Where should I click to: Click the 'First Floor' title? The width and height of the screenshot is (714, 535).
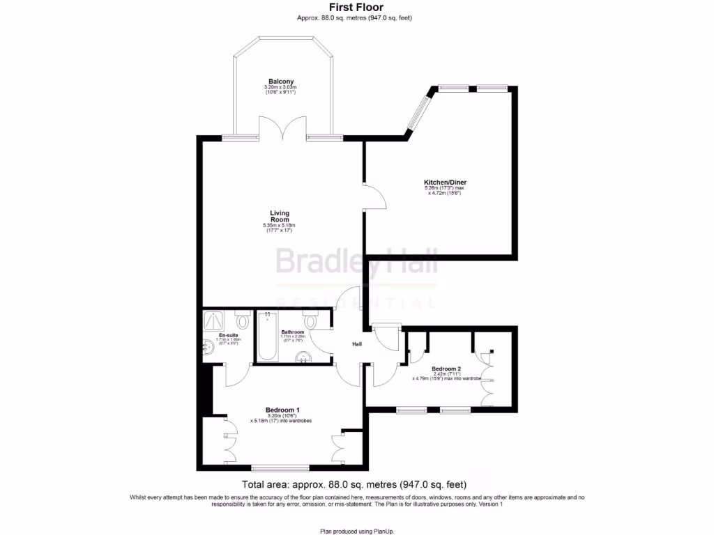pos(356,7)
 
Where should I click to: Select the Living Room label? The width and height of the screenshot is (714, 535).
pos(280,216)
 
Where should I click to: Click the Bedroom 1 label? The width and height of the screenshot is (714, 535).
pos(282,410)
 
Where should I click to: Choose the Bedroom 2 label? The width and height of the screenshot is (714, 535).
pos(446,369)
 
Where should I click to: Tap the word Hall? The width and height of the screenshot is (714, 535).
pos(356,344)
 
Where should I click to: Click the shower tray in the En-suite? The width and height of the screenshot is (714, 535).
pos(213,320)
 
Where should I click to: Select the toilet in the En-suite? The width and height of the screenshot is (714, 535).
pos(242,321)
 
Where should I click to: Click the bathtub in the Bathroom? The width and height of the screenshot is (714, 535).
pos(266,337)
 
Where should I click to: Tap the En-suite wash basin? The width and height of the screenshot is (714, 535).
pos(208,347)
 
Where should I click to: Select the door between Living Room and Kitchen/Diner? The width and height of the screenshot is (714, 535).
pos(375,196)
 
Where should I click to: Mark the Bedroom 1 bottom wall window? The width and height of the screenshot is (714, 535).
pos(279,467)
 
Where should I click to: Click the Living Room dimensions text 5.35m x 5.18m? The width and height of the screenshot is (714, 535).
pos(279,226)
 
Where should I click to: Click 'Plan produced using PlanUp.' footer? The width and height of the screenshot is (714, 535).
pos(356,531)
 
